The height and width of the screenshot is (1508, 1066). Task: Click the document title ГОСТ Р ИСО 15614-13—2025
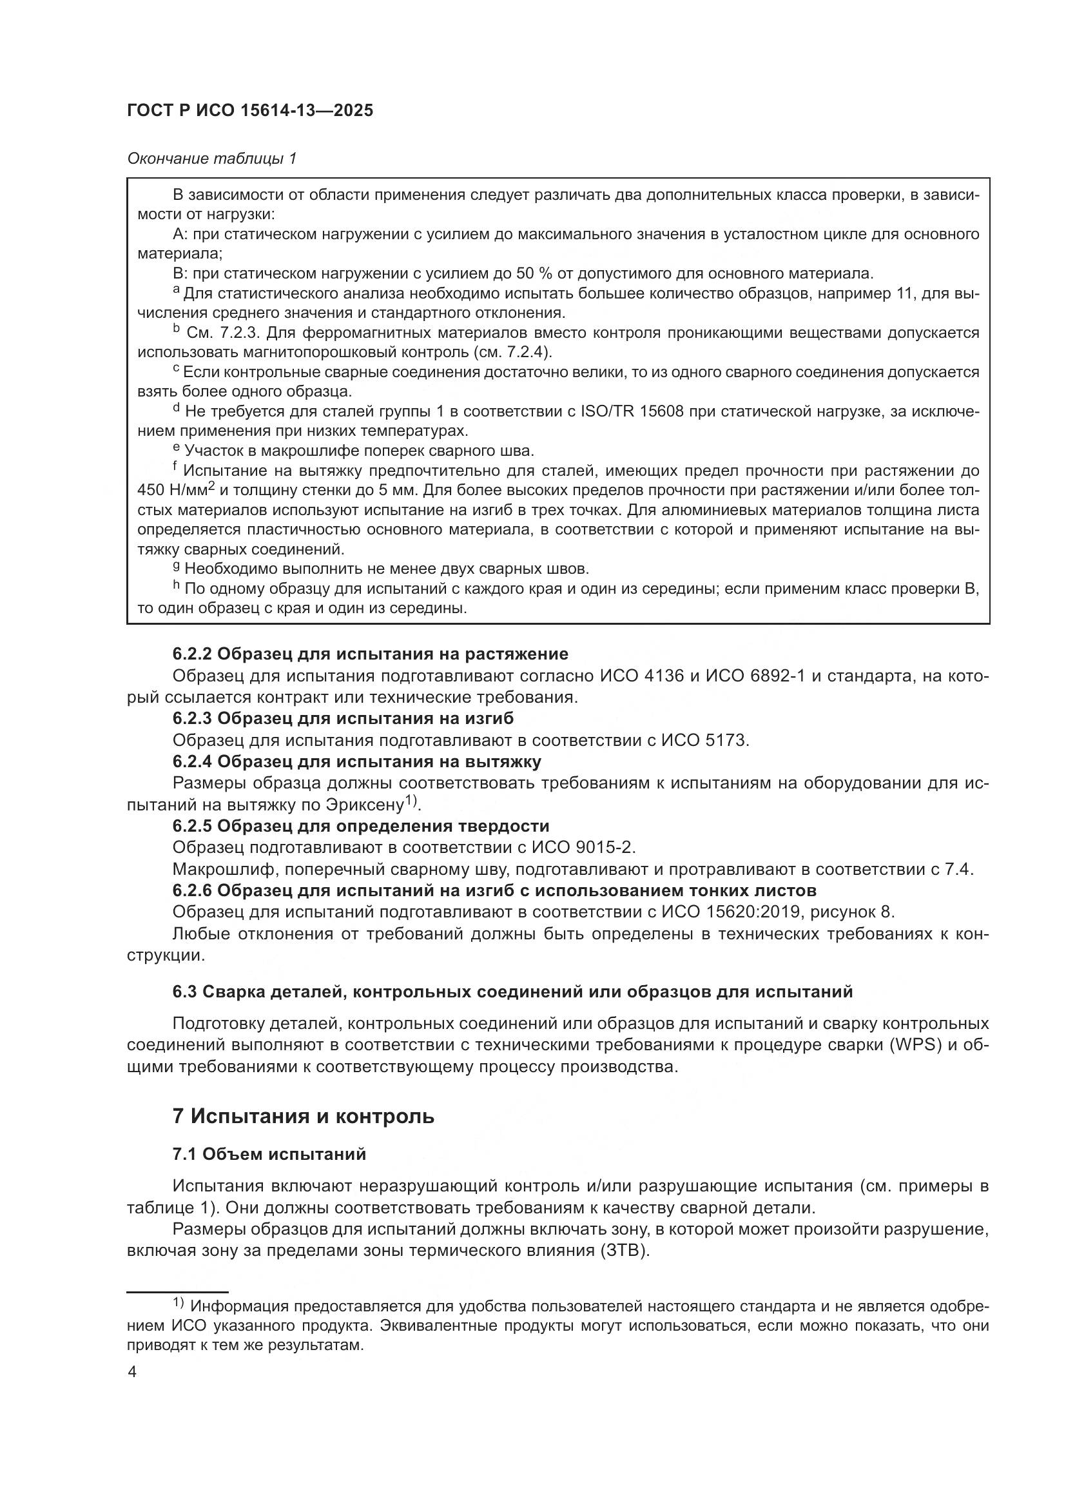pos(250,111)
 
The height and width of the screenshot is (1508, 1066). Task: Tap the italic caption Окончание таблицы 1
pos(212,159)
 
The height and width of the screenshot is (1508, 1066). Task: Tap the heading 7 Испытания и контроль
pos(304,1117)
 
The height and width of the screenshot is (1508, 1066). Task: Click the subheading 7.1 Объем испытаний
pos(269,1154)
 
